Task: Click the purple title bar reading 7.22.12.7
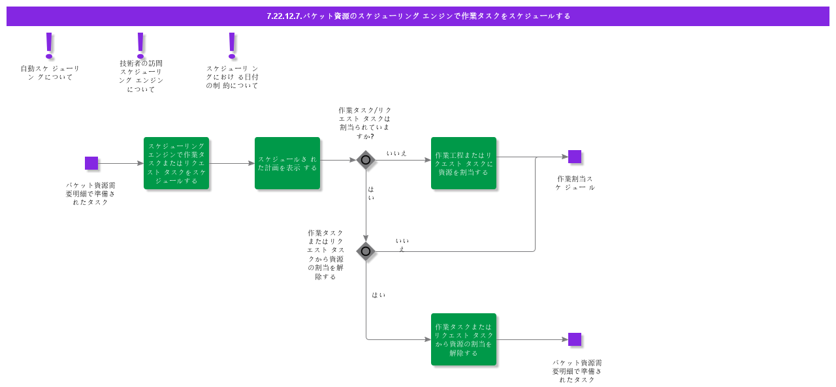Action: click(418, 16)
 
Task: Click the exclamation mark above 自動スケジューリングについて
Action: click(49, 45)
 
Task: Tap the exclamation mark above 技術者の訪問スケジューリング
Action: click(140, 45)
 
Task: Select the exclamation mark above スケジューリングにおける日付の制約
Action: click(232, 45)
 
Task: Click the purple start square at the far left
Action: click(91, 163)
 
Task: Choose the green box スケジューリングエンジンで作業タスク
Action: click(176, 163)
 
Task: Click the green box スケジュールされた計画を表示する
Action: click(287, 163)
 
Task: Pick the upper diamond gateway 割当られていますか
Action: click(366, 160)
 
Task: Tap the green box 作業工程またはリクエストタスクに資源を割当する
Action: click(464, 163)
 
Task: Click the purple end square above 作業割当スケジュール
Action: click(575, 157)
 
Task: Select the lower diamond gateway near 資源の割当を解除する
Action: click(366, 251)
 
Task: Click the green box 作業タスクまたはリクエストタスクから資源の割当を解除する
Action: click(464, 339)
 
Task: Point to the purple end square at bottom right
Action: click(575, 339)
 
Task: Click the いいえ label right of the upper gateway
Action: click(396, 153)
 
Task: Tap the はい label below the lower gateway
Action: click(378, 295)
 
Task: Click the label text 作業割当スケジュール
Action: click(575, 183)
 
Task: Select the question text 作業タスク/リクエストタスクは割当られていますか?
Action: click(365, 123)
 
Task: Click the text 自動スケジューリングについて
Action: click(50, 72)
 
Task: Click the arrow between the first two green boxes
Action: click(232, 163)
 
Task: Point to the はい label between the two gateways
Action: click(371, 193)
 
